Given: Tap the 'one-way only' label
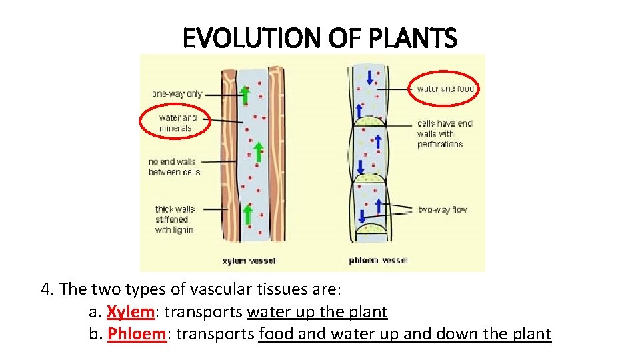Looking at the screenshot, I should [x=177, y=94].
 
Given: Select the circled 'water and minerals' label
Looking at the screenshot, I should [x=176, y=123].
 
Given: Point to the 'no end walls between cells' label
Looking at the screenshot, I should [x=174, y=167].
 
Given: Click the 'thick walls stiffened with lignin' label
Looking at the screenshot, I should [x=175, y=219].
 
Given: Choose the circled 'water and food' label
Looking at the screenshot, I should [x=445, y=89].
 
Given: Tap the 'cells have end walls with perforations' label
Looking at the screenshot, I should [x=444, y=133].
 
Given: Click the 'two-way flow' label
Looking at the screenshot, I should [x=443, y=209].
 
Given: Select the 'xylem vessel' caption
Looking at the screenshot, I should [x=248, y=261].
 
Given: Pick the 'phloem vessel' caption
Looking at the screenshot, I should [x=378, y=261].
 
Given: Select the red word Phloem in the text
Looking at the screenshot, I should [x=136, y=334].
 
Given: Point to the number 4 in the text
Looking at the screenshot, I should [x=45, y=290].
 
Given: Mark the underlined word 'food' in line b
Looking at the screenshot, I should [x=276, y=334].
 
